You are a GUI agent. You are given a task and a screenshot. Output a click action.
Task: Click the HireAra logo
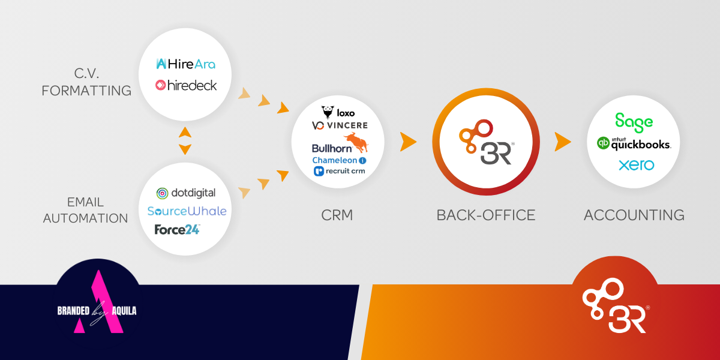(x=185, y=64)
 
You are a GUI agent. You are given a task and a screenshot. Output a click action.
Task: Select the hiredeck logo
(x=186, y=85)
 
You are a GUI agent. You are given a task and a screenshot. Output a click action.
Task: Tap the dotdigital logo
(x=186, y=193)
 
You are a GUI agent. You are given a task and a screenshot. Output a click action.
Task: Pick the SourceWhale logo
(x=187, y=211)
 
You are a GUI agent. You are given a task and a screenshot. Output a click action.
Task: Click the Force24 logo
(x=177, y=229)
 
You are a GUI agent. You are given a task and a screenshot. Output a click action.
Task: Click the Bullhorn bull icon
(x=358, y=143)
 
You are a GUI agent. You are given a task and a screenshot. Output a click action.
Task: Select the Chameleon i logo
(x=339, y=160)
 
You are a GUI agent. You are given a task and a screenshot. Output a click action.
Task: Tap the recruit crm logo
(x=339, y=172)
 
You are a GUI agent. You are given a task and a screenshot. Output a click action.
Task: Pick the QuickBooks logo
(x=634, y=143)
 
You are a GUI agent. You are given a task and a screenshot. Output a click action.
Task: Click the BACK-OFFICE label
(x=486, y=215)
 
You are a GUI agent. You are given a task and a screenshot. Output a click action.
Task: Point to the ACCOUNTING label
(x=634, y=215)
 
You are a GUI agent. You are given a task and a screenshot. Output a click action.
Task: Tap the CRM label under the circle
(x=337, y=215)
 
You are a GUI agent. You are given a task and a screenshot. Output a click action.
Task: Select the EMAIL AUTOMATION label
(x=86, y=210)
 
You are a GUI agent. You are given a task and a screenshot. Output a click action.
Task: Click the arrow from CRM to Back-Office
(x=408, y=142)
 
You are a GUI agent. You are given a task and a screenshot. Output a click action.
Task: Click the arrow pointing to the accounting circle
(x=562, y=142)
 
